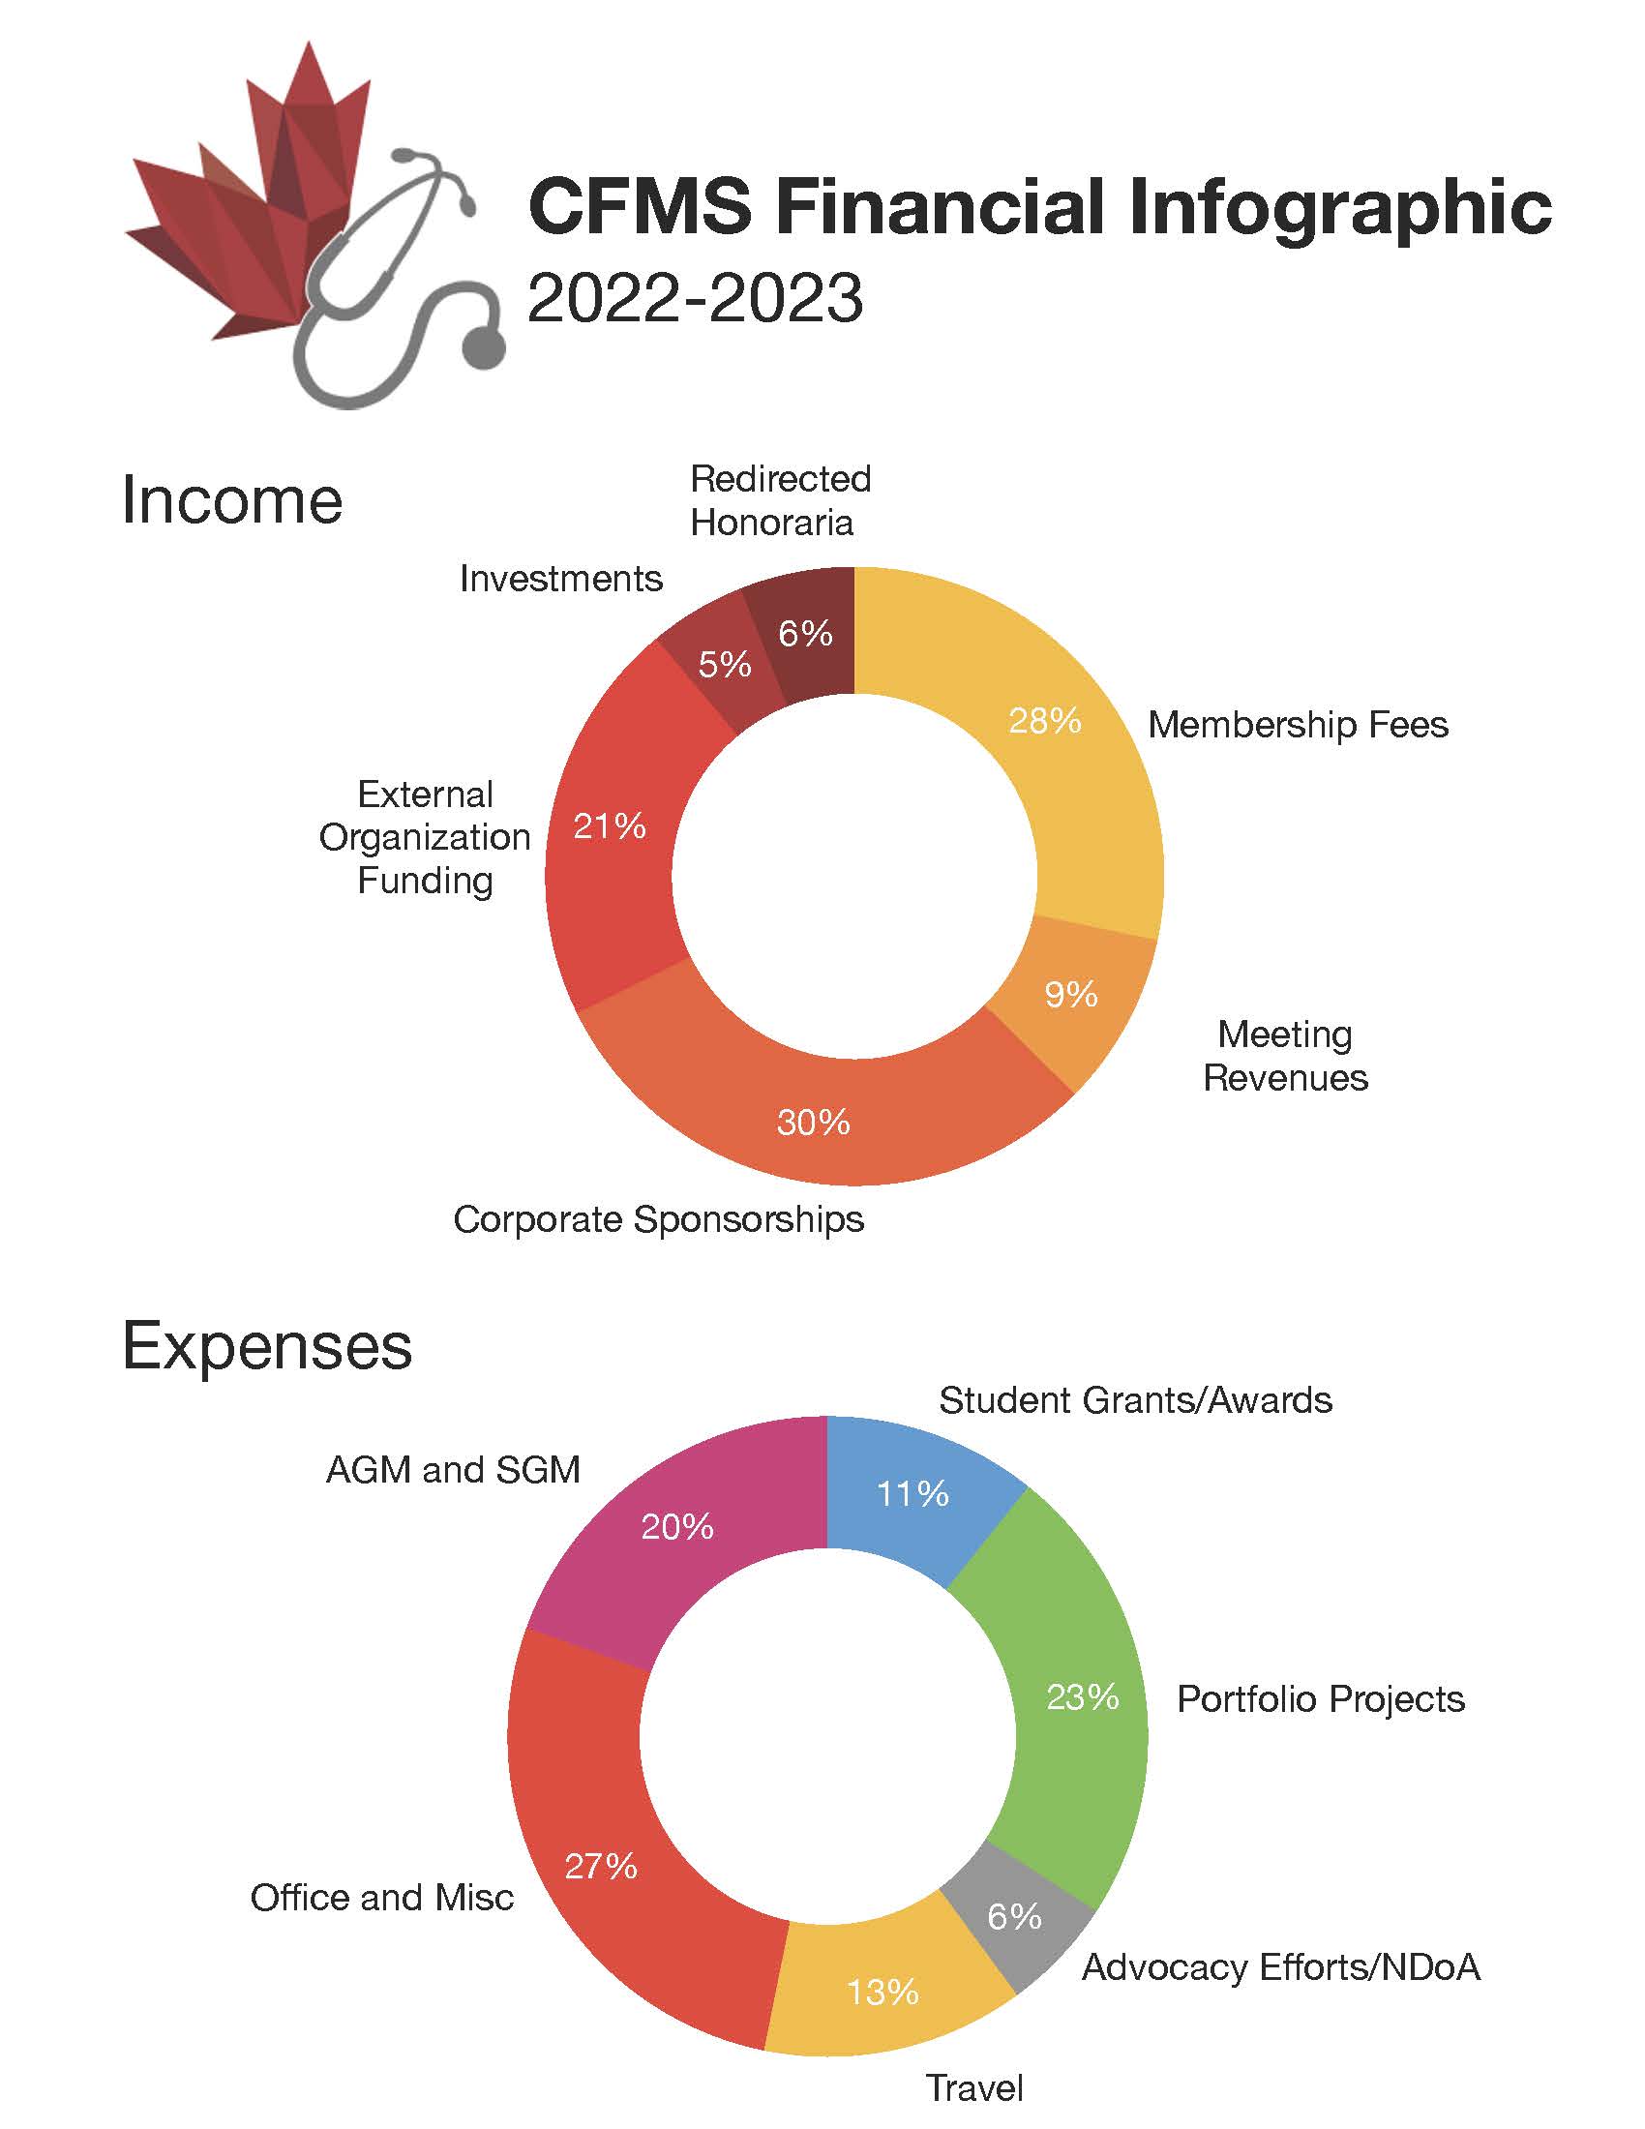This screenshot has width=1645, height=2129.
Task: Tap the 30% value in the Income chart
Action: (x=813, y=1123)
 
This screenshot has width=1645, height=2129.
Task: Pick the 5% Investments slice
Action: (x=722, y=665)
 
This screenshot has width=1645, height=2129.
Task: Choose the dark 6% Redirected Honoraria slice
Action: (x=805, y=634)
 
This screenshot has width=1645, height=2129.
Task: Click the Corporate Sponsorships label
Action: (x=658, y=1219)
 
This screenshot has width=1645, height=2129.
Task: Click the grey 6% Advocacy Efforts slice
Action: (x=1014, y=1916)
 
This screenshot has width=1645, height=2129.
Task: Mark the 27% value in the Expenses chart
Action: (x=600, y=1866)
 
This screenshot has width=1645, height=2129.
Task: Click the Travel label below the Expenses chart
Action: (x=973, y=2087)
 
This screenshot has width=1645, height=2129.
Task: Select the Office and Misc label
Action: (x=381, y=1897)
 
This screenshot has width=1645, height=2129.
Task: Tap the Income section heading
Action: (x=232, y=500)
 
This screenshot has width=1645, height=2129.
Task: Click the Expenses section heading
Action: (x=267, y=1347)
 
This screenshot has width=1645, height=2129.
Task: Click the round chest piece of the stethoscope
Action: (x=483, y=346)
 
